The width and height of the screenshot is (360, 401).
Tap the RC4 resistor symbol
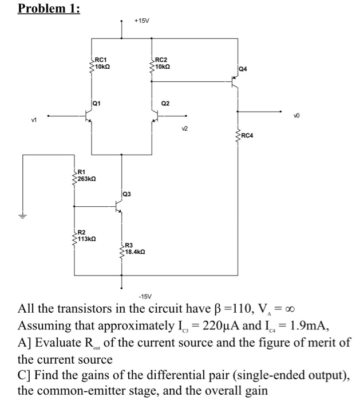(238, 136)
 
